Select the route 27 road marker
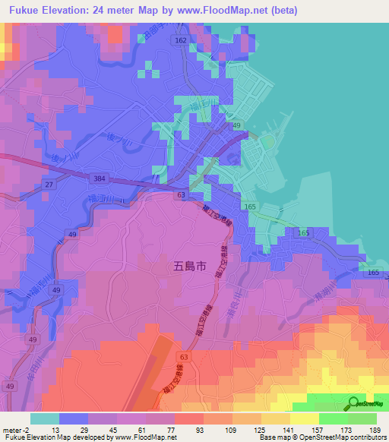click(x=48, y=185)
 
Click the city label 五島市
click(x=185, y=267)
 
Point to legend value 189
click(x=375, y=429)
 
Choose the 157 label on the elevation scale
click(x=318, y=429)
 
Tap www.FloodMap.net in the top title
click(x=227, y=11)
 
